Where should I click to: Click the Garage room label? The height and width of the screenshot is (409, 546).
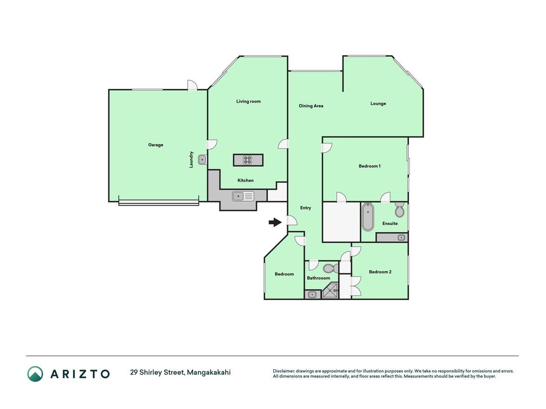click(x=156, y=145)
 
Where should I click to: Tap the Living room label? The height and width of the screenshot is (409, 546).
click(x=248, y=101)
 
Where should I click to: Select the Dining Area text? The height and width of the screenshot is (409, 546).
click(x=311, y=106)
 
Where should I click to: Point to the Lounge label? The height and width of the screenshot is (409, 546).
click(x=378, y=103)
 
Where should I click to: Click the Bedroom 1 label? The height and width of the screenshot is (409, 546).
click(x=369, y=166)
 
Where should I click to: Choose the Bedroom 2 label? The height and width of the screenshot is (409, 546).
click(x=380, y=271)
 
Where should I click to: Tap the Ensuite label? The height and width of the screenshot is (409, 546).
click(x=390, y=223)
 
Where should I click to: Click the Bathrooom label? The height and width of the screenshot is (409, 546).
click(x=318, y=278)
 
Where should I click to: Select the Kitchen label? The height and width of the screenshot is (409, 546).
click(x=246, y=180)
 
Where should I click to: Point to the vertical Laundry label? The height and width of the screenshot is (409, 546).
click(x=191, y=160)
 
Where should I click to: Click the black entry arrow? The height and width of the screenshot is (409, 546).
click(x=275, y=222)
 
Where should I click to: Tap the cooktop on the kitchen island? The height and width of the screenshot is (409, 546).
click(x=247, y=160)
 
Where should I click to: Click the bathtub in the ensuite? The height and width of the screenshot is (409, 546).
click(x=368, y=217)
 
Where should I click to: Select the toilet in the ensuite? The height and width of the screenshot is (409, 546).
click(x=400, y=210)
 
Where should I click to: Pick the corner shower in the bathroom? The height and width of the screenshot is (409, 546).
click(x=331, y=290)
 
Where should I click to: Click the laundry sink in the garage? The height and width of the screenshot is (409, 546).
click(x=202, y=160)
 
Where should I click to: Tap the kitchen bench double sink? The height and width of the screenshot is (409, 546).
click(x=243, y=196)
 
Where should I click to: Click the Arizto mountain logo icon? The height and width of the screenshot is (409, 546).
click(x=35, y=374)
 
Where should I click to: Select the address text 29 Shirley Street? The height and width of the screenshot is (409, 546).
click(x=157, y=373)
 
